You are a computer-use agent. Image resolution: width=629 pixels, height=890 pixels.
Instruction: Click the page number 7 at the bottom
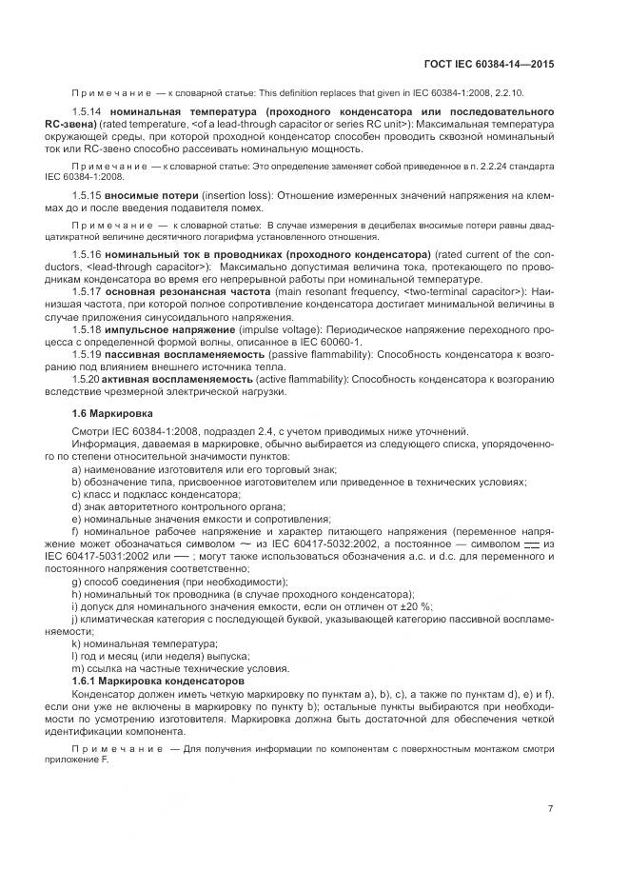point(550,809)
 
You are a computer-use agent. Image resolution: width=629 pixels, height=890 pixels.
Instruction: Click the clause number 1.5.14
point(87,111)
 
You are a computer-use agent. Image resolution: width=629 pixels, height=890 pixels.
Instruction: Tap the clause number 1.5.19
point(87,353)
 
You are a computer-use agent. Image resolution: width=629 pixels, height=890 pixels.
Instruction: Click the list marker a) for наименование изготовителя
point(76,470)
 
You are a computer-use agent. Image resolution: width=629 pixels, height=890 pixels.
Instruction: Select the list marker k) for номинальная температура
point(76,643)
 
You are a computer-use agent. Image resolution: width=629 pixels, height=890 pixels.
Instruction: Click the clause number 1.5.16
point(87,256)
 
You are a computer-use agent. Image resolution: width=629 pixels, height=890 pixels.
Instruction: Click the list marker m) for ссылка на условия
point(77,670)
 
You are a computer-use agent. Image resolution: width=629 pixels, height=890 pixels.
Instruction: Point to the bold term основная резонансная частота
point(179,291)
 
